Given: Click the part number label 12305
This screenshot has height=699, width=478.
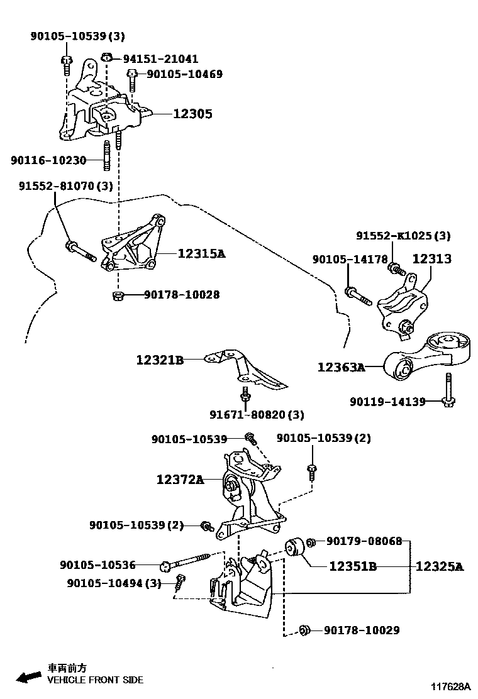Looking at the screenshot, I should coord(192,114).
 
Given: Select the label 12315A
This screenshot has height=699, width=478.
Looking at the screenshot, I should coord(201,254).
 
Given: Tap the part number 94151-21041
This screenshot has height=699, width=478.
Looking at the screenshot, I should coord(160,59).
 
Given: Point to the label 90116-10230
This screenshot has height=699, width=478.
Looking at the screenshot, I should coord(48,160).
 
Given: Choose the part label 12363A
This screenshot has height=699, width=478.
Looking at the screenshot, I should coord(341,367).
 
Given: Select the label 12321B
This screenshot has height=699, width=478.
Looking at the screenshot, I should coord(160,360).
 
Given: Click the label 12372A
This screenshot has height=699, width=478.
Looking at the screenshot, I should coord(181,480).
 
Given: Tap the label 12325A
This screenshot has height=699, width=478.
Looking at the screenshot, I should coord(439,566).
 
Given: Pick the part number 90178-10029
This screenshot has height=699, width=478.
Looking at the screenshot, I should coord(362,630).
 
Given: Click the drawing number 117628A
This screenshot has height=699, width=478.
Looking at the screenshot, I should coord(451,686).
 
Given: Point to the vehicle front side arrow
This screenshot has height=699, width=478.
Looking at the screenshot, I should coord(28,676).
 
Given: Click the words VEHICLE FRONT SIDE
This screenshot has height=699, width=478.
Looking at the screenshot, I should coord(95,680).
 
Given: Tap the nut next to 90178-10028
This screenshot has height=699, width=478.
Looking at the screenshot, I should coord(116,295).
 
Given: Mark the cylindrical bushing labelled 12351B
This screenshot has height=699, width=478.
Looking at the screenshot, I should coord(295,550).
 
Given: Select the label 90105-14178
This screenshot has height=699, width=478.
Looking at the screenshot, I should coord(350,259).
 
